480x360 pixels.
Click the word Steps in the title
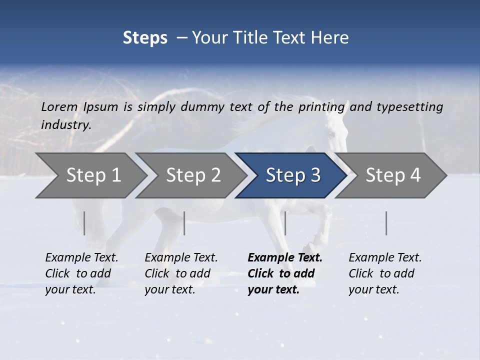(145, 38)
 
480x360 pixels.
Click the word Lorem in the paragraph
(59, 106)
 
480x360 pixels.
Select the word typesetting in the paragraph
(409, 106)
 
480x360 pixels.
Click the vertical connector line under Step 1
(84, 223)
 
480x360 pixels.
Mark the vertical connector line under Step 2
(184, 223)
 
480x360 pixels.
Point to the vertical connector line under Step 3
(285, 223)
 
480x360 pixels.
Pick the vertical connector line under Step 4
(386, 223)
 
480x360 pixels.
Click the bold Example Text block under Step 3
(284, 273)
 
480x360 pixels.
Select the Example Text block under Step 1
(81, 273)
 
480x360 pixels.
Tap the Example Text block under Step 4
(385, 273)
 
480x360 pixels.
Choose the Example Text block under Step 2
(181, 273)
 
